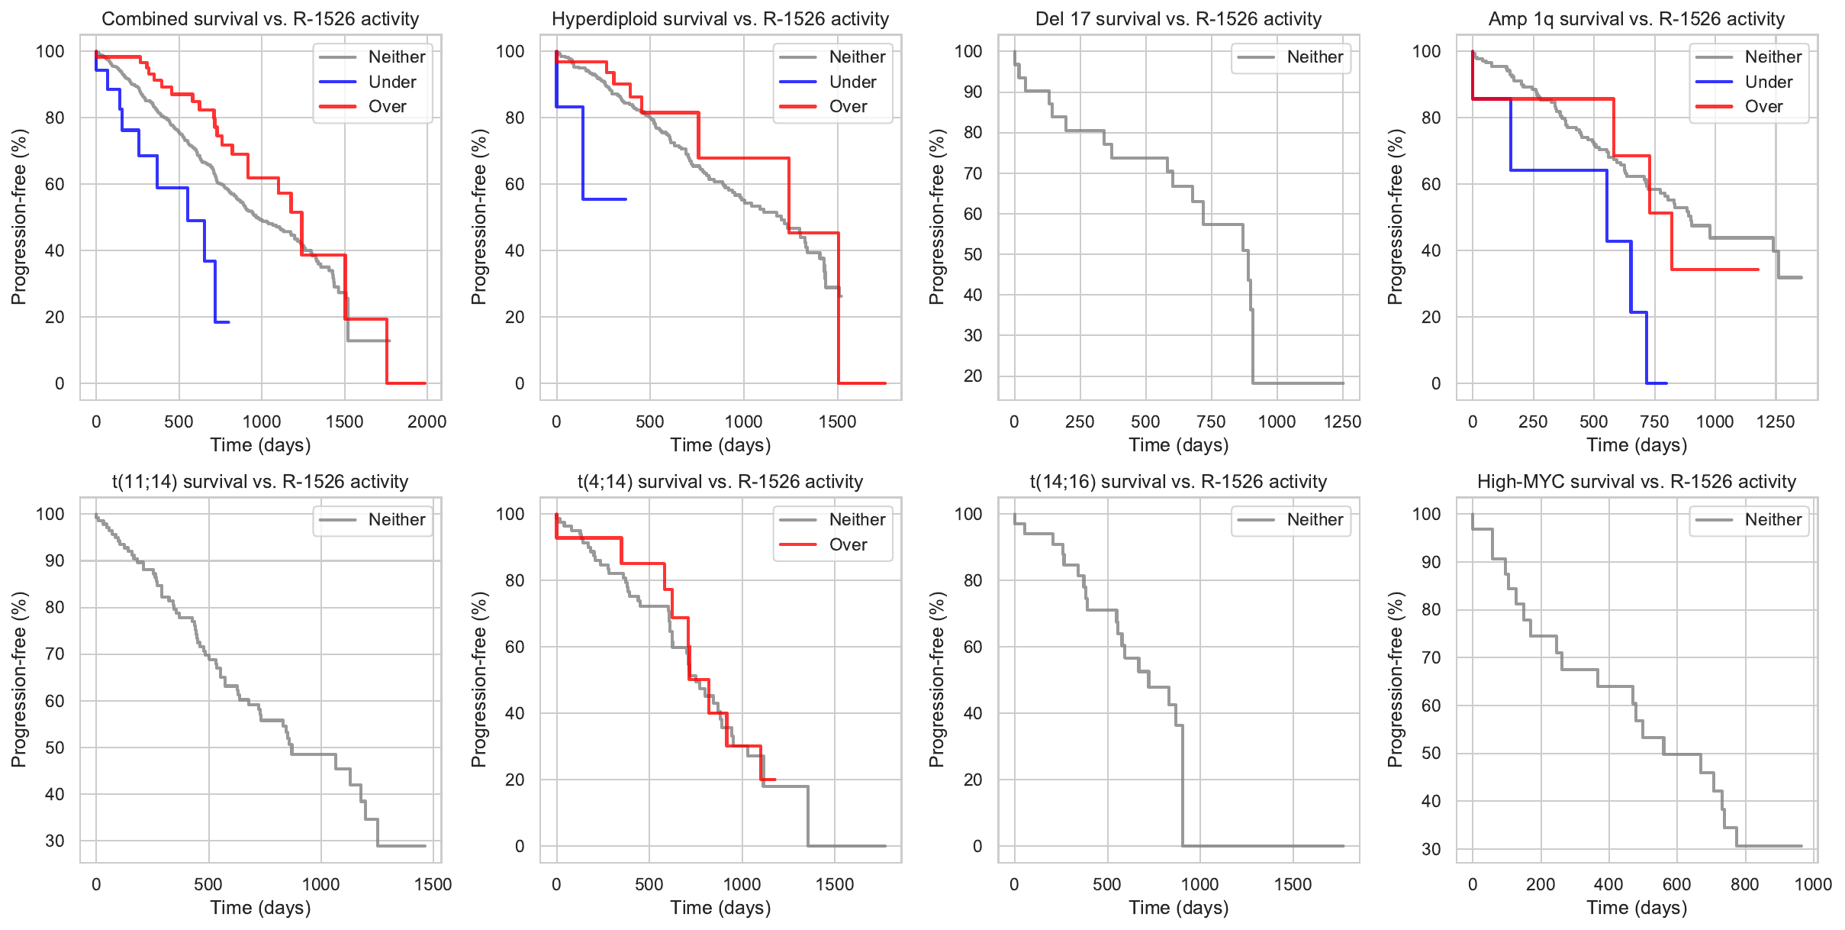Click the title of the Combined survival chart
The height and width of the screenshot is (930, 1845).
click(x=260, y=19)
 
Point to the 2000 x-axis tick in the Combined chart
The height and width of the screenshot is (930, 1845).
click(x=427, y=421)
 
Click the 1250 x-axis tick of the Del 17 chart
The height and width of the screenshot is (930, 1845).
click(x=1342, y=421)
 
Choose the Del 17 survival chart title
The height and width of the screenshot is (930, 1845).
click(x=1178, y=19)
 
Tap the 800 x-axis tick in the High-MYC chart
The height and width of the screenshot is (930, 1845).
click(x=1744, y=884)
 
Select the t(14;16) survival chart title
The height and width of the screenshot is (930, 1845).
click(x=1178, y=482)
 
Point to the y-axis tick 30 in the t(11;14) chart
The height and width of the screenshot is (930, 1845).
click(x=55, y=841)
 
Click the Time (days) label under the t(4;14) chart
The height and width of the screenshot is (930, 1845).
click(x=720, y=908)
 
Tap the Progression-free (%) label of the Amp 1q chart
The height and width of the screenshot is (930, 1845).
click(x=1396, y=217)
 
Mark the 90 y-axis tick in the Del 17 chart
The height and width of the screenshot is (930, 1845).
click(x=973, y=92)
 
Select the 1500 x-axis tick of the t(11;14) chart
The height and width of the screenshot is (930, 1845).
click(x=433, y=884)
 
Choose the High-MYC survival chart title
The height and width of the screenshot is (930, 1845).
click(x=1637, y=482)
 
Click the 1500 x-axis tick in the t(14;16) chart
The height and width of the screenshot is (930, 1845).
click(x=1293, y=884)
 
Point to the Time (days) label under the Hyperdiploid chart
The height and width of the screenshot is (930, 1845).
click(x=720, y=445)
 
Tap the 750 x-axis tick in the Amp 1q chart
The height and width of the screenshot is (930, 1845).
click(x=1654, y=421)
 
